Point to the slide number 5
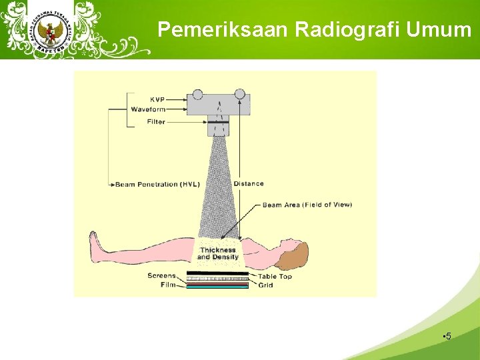pyautogui.click(x=448, y=336)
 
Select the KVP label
pyautogui.click(x=157, y=100)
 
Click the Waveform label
pyautogui.click(x=147, y=109)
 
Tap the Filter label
pyautogui.click(x=156, y=122)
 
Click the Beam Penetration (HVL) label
pyautogui.click(x=157, y=184)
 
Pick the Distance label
pyautogui.click(x=249, y=183)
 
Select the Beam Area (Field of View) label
pyautogui.click(x=307, y=205)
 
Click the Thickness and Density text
pyautogui.click(x=218, y=253)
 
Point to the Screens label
pyautogui.click(x=161, y=275)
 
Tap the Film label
pyautogui.click(x=168, y=285)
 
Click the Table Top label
pyautogui.click(x=275, y=276)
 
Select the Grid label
pyautogui.click(x=265, y=285)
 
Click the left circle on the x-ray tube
pyautogui.click(x=197, y=94)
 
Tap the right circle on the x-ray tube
pyautogui.click(x=240, y=94)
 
